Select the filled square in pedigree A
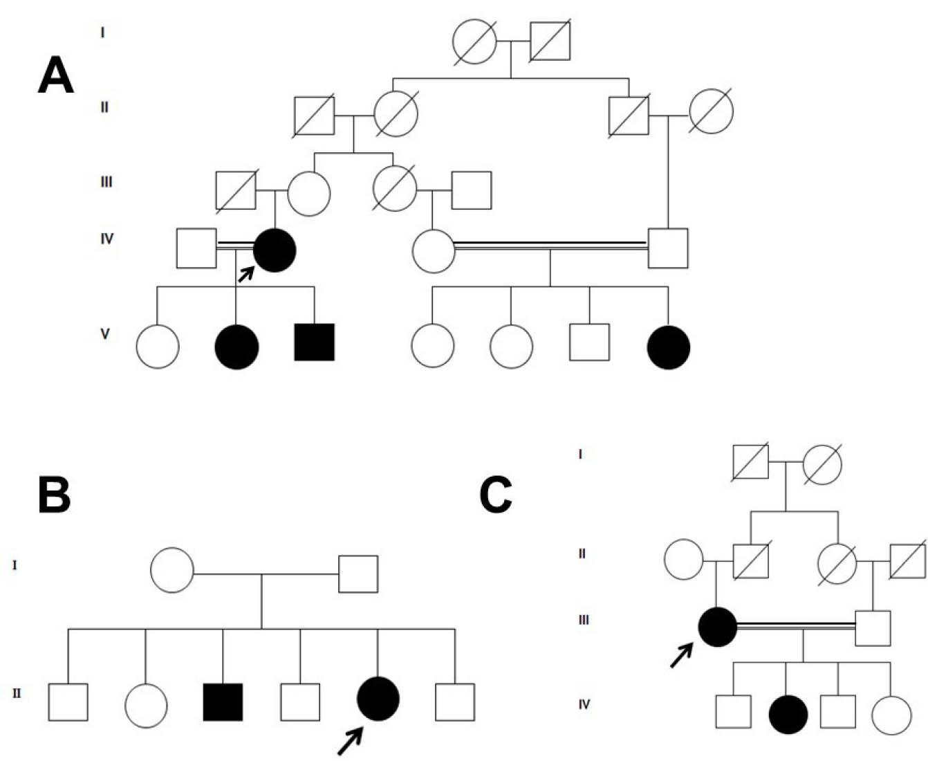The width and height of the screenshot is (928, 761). coord(315,342)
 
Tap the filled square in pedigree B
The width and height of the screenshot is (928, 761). coord(223,702)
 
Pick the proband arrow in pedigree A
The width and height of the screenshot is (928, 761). coord(245,274)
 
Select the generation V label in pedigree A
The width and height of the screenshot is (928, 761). coord(105,333)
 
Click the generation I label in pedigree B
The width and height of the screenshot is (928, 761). coord(15,565)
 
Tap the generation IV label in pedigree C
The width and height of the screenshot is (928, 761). coord(584,704)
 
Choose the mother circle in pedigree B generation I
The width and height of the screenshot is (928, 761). coord(172,570)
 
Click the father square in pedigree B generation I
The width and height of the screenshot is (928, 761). coord(358,574)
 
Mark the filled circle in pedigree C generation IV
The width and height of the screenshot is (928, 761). coord(788,715)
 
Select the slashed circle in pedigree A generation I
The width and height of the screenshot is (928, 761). coord(475,42)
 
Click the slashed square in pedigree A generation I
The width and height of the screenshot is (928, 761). coord(550,42)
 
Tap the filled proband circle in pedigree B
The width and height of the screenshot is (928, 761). coord(378,699)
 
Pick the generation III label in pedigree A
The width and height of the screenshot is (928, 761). coord(106,182)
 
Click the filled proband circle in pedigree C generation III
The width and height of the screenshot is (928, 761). coord(718,627)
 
